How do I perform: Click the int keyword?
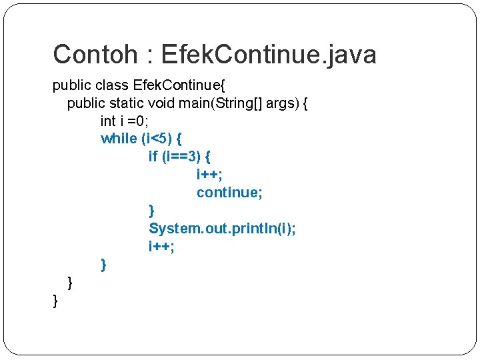(x=107, y=121)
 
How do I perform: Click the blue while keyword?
(x=119, y=139)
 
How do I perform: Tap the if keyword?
(x=153, y=157)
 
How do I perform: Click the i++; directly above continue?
(x=209, y=175)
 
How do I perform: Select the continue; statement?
(x=229, y=193)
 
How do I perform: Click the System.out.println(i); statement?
(x=222, y=229)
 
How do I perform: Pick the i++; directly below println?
(x=161, y=247)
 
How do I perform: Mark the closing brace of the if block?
(x=151, y=211)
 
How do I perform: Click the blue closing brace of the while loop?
(x=103, y=265)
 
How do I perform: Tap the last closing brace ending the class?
(x=55, y=301)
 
